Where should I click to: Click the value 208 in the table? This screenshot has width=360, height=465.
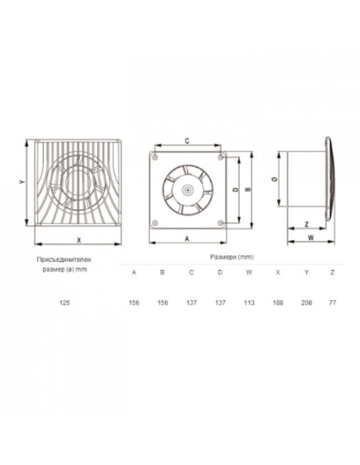click(x=307, y=303)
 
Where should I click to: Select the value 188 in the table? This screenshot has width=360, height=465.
click(x=277, y=303)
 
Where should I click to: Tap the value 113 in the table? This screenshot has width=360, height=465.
click(x=249, y=303)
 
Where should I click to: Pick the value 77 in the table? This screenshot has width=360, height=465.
click(x=332, y=303)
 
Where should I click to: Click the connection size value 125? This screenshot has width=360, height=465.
click(x=65, y=303)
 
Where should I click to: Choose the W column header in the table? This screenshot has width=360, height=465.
click(x=249, y=272)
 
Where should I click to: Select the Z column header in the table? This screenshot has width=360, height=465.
click(x=332, y=272)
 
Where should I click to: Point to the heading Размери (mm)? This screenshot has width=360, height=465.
click(x=232, y=257)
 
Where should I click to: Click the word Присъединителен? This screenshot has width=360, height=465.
click(x=64, y=260)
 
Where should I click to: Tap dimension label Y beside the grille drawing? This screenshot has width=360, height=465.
click(x=21, y=182)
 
